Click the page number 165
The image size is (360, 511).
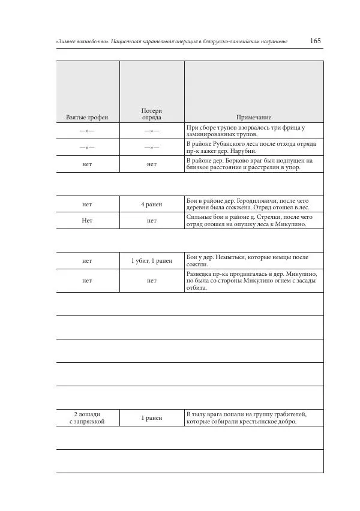click(316, 41)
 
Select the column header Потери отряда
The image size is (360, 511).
click(151, 114)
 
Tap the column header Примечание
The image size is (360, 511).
click(253, 117)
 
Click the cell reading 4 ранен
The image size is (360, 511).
click(151, 204)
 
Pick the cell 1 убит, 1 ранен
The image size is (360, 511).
click(151, 261)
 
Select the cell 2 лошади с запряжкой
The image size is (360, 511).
click(87, 418)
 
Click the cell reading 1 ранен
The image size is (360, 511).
click(151, 418)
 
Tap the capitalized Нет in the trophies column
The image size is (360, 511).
click(87, 220)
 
